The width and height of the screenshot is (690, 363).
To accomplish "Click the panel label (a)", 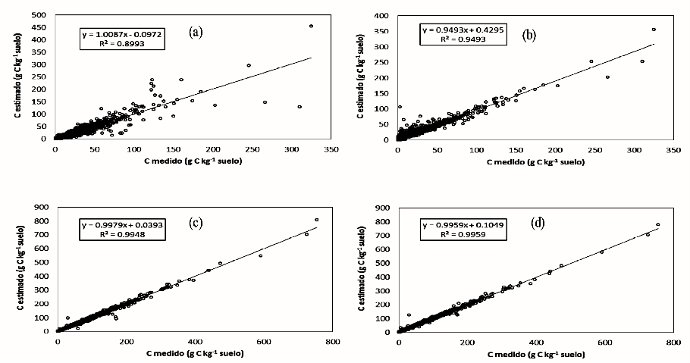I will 196,32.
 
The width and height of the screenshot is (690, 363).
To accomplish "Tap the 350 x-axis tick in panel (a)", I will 331,150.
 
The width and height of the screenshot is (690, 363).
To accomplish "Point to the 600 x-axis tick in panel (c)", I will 262,342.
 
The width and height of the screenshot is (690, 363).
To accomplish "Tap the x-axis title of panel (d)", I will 535,355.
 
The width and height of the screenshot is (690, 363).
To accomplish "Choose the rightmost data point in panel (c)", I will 316,220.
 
